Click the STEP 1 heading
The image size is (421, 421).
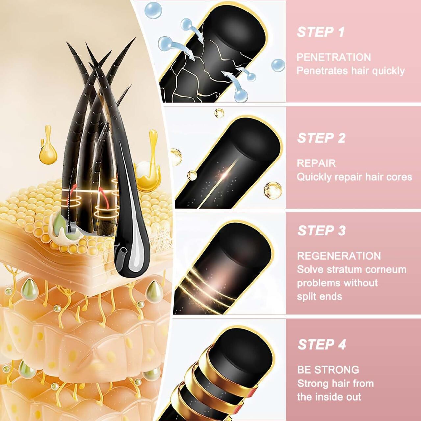[x=321, y=32]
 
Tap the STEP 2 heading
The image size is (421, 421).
[x=321, y=138]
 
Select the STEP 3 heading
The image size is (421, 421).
[x=321, y=231]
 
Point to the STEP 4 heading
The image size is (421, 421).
[x=322, y=344]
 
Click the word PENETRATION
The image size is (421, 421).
[x=334, y=57]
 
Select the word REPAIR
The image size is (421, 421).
[x=316, y=163]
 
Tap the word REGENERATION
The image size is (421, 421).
[x=339, y=256]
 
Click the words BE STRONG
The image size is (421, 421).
[x=328, y=370]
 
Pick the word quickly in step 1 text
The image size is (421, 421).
[x=389, y=71]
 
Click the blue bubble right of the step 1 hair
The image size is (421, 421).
[x=278, y=65]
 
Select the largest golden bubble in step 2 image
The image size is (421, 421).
[x=273, y=189]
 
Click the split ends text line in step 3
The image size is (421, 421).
[x=319, y=296]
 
